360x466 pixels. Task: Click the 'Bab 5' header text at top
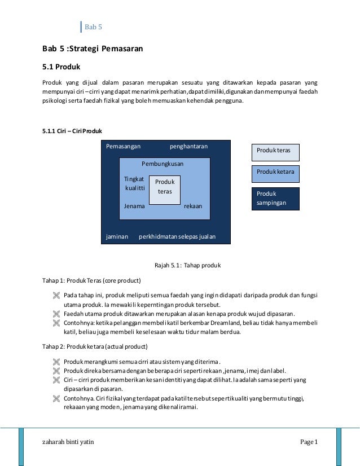coord(93,27)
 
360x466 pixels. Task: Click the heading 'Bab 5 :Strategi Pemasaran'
coord(89,49)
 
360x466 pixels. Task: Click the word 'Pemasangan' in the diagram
coord(123,147)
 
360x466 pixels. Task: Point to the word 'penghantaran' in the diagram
coord(188,147)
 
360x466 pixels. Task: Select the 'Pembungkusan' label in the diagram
coord(163,164)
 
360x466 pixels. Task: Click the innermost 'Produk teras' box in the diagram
coord(165,187)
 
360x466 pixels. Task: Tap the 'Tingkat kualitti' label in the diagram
coord(134,183)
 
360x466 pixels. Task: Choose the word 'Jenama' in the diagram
coord(134,206)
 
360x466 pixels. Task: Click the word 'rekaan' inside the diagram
coord(193,206)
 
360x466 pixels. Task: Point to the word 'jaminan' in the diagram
coord(117,236)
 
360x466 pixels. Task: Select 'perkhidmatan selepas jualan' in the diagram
coord(177,236)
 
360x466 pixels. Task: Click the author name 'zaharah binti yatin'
coord(68,441)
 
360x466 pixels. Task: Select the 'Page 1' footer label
coord(309,441)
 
